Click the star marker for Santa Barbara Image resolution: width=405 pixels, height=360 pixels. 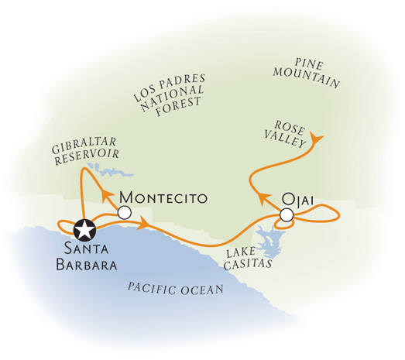click(x=84, y=230)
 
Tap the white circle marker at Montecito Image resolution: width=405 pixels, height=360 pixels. click(x=125, y=213)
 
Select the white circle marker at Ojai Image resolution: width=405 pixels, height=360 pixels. click(x=287, y=215)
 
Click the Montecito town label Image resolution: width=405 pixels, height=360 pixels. click(x=163, y=198)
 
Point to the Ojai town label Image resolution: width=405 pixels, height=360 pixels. click(x=297, y=201)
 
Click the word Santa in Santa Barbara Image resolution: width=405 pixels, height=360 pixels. click(x=86, y=249)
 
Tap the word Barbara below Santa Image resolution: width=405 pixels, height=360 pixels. click(x=87, y=265)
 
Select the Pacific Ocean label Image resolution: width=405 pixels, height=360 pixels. click(x=176, y=289)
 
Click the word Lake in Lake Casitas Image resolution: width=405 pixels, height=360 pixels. click(x=242, y=252)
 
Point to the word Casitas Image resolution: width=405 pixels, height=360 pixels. click(x=249, y=264)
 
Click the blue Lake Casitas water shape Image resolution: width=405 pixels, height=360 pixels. click(x=269, y=240)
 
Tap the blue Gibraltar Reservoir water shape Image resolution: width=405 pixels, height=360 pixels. click(x=111, y=170)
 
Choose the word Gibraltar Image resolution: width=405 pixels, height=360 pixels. click(x=84, y=145)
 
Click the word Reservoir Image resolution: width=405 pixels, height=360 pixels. click(x=88, y=156)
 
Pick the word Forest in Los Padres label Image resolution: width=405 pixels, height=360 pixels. click(x=179, y=106)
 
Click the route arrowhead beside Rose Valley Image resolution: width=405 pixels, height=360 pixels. click(x=316, y=139)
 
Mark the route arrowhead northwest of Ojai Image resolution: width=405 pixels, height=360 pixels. click(x=263, y=198)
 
